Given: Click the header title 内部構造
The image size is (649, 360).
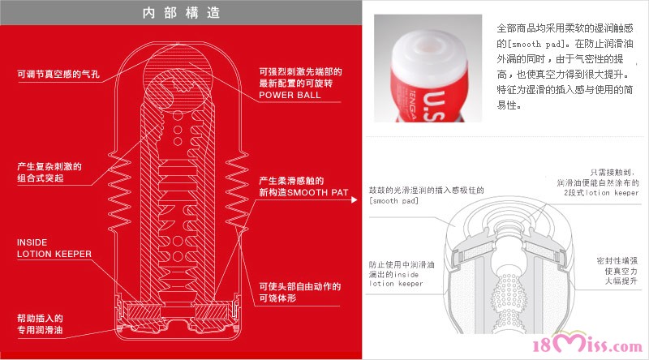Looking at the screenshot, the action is coord(181,13).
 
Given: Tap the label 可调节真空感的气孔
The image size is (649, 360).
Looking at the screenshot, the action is coord(58,74).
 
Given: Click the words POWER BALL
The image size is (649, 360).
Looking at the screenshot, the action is coord(290,95).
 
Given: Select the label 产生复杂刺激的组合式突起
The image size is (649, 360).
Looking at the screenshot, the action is coord(49,172).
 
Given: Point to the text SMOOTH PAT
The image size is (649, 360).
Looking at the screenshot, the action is coord(318,192).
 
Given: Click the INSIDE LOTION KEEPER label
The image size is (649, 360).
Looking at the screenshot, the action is coord(54,248).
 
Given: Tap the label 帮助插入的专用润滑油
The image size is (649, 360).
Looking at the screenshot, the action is coord(40,324).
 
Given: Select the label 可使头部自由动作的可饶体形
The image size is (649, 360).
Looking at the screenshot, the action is coord(299,292).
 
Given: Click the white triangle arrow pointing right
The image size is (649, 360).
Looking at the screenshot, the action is coord(355,199).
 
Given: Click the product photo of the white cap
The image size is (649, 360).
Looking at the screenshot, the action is coord(428,68).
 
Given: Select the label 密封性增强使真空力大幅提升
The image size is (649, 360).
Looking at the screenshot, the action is coord(617,271).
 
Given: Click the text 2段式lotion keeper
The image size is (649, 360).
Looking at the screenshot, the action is coord(601,193).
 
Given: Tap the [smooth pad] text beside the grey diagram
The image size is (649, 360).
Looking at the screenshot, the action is coord(393,201).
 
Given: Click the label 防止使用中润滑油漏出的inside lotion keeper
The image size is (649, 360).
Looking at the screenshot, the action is coord(402,274).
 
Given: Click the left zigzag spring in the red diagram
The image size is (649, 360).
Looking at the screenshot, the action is coord(119,192).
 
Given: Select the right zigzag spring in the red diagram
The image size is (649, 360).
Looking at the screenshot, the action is coord(237,192).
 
